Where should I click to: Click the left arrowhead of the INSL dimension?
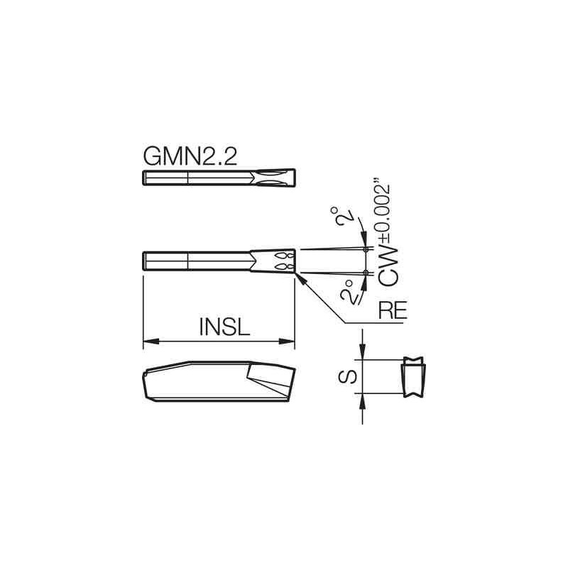pyautogui.click(x=148, y=342)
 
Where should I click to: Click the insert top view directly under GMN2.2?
pyautogui.click(x=219, y=178)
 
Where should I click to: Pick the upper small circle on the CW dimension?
pyautogui.click(x=366, y=249)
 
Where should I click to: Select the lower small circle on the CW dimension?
pyautogui.click(x=366, y=273)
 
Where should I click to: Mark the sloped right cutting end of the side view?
pyautogui.click(x=287, y=383)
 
